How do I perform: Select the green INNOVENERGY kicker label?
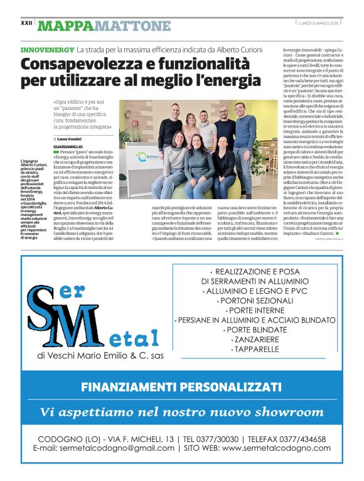pyautogui.click(x=47, y=49)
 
